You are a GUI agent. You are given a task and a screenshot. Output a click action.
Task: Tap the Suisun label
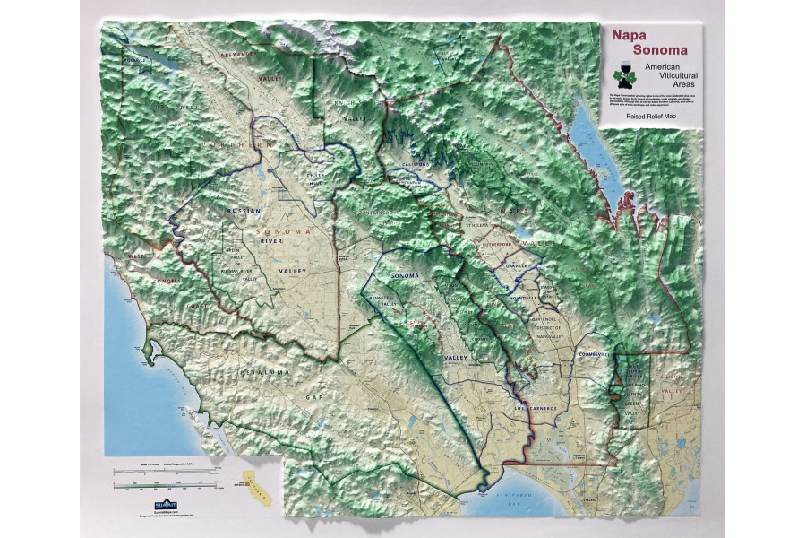[670, 377]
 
